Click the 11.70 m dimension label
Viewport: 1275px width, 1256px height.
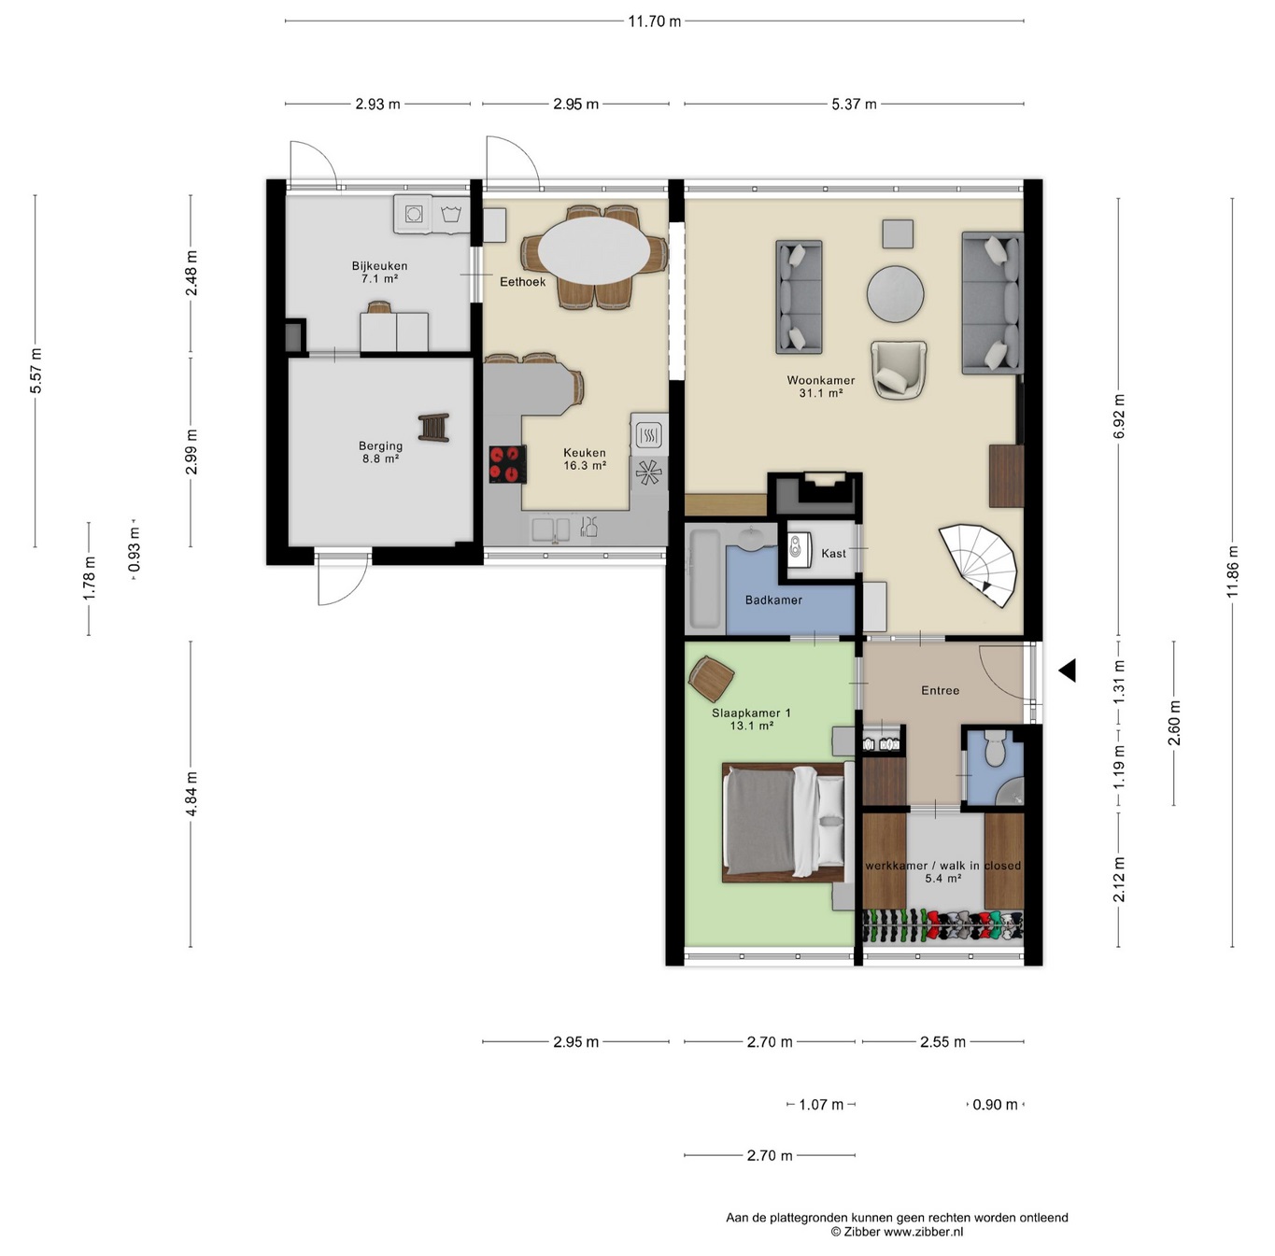click(655, 21)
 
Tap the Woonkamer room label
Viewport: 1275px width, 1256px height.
click(820, 380)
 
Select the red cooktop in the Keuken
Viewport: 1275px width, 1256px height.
click(507, 464)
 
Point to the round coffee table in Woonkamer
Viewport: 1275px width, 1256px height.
click(895, 294)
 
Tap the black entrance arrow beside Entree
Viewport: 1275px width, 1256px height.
click(1067, 670)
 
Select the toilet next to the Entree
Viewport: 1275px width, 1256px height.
click(995, 748)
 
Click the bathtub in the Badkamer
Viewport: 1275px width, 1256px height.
click(705, 579)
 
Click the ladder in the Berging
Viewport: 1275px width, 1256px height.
click(434, 427)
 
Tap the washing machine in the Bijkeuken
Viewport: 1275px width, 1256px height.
click(413, 215)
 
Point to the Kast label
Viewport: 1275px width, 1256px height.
click(833, 553)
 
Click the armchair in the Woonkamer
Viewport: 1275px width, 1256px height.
click(898, 370)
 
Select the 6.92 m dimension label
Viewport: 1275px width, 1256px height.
click(1118, 416)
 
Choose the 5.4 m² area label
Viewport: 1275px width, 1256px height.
click(942, 878)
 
